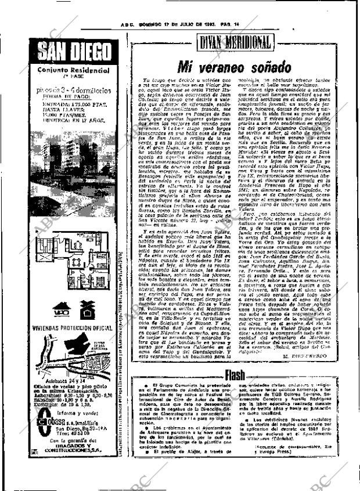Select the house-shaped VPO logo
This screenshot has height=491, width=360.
coord(62,309)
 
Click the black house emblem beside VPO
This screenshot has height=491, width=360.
coord(87,309)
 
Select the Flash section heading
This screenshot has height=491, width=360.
coord(235,375)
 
